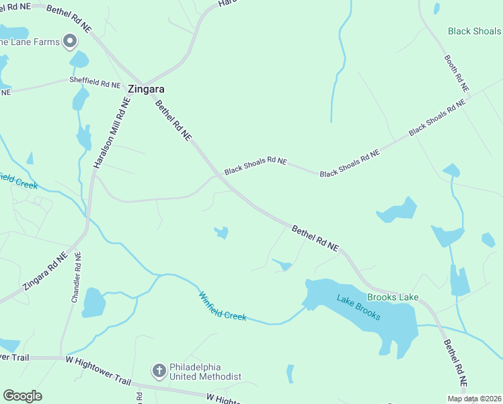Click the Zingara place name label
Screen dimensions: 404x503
coord(147,89)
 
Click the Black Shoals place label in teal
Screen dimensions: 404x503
coord(475,31)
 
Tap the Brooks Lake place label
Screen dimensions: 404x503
coord(393,297)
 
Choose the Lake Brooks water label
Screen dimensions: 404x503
coord(359,308)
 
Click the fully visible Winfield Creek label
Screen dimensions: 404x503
coord(223,306)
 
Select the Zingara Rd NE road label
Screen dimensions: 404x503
coord(44,271)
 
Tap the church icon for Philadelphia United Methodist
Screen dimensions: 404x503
coord(159,370)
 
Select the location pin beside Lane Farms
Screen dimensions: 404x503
coord(69,42)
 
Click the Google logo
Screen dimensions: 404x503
coord(22,396)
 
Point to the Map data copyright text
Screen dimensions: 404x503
coord(473,399)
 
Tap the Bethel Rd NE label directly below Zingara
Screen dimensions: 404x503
coord(173,121)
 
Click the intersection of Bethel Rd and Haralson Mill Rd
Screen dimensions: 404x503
coord(139,81)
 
